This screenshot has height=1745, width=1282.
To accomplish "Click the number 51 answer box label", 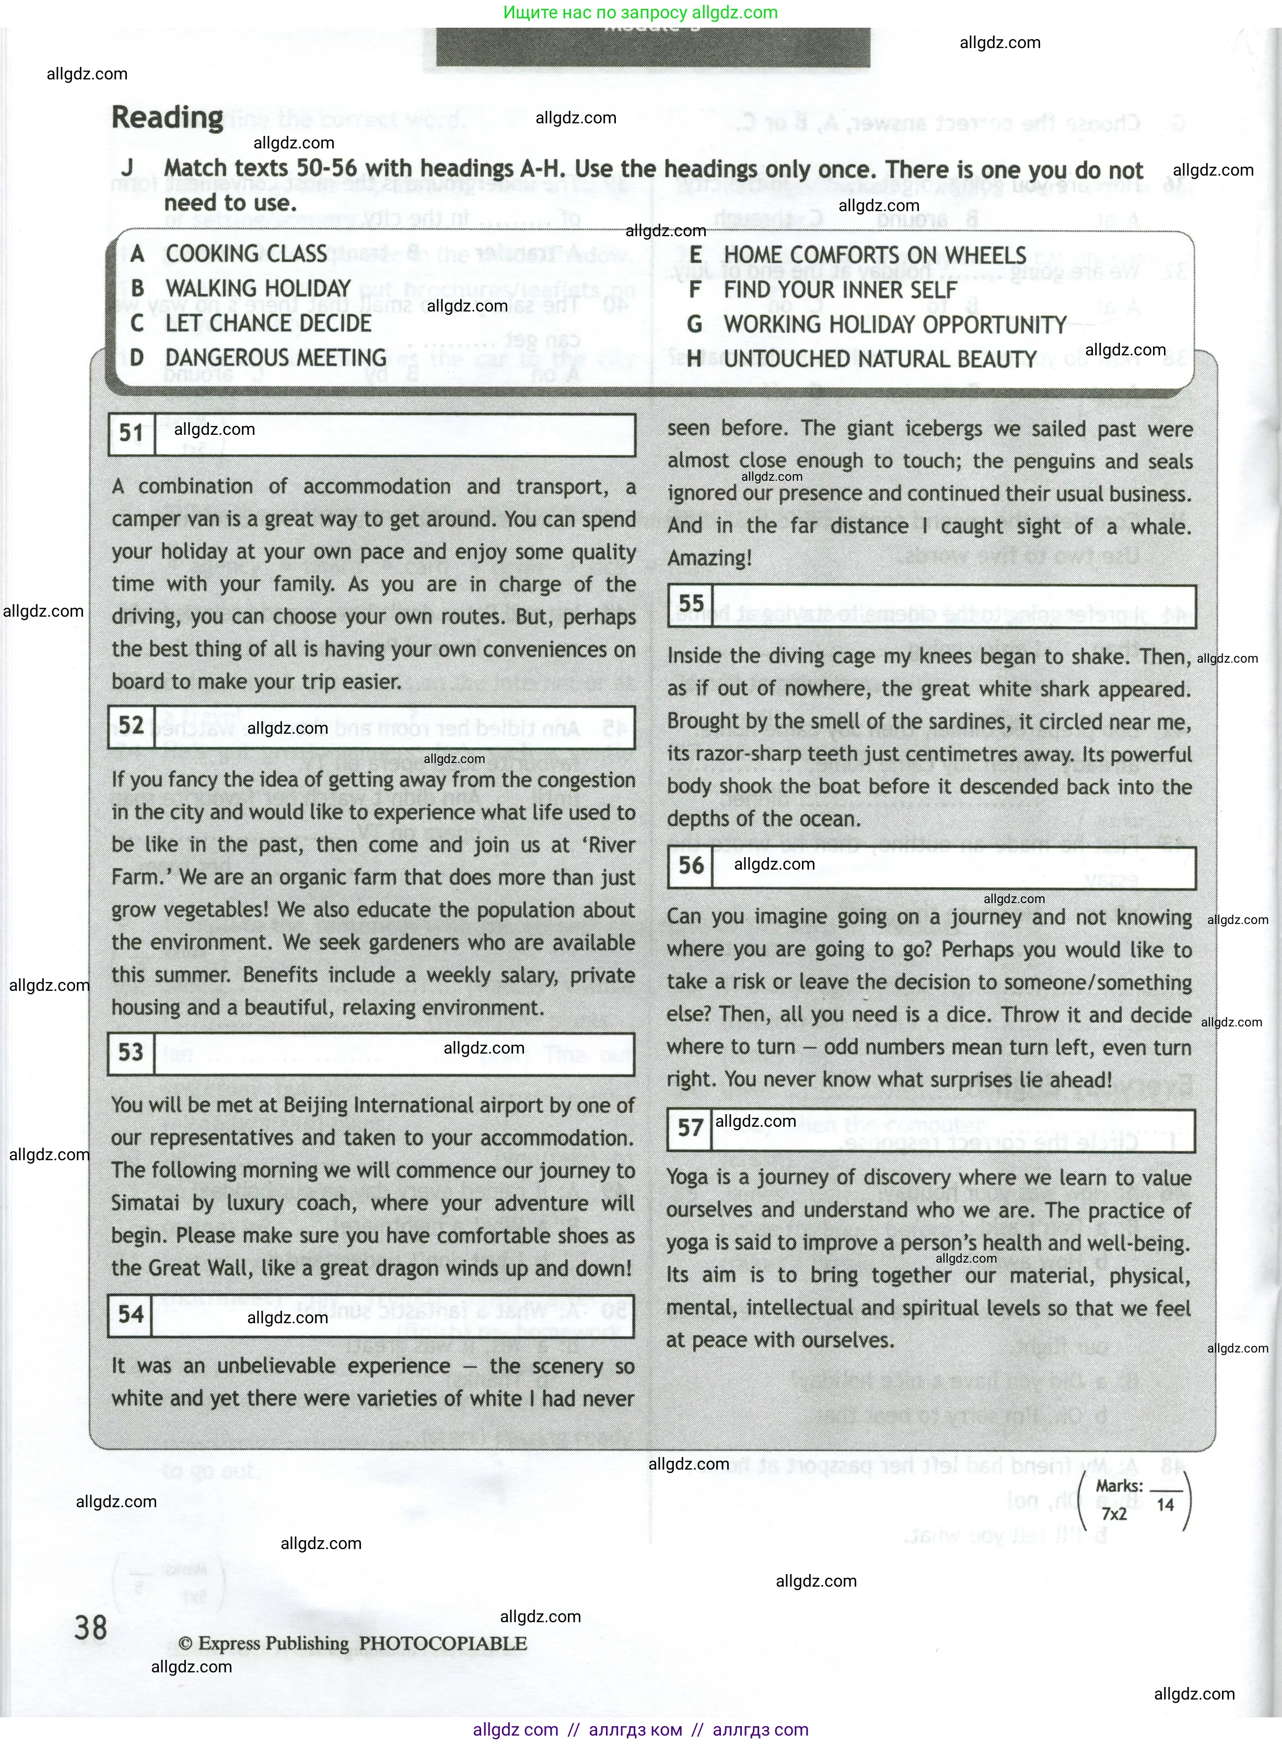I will (x=131, y=434).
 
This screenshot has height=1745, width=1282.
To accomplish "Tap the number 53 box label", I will (x=131, y=1053).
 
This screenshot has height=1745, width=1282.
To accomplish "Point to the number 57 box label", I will (x=690, y=1128).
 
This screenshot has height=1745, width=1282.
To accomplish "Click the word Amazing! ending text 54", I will (x=709, y=558).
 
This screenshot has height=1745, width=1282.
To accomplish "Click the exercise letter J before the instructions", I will (x=127, y=168).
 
